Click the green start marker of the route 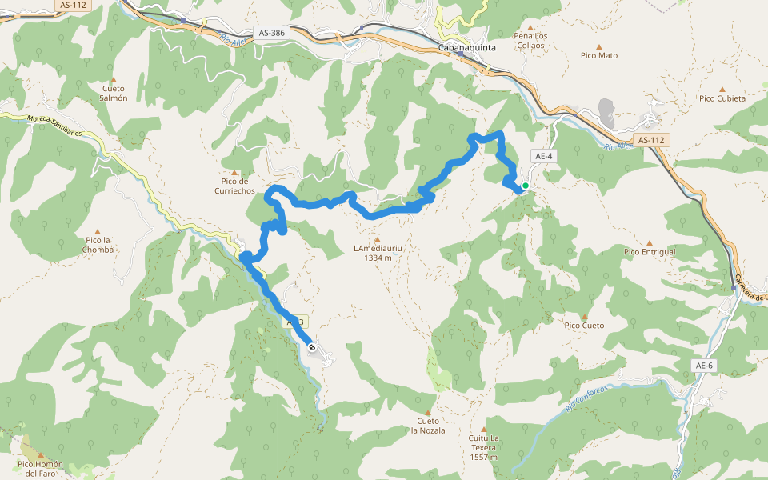(x=526, y=186)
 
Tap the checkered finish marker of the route (x=311, y=347)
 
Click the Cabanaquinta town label (x=468, y=48)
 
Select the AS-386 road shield (x=272, y=33)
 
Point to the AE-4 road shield (x=543, y=156)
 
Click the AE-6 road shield (x=703, y=366)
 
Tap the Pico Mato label (x=599, y=56)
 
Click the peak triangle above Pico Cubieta (x=722, y=90)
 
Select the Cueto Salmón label (x=114, y=93)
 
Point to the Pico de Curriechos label (x=234, y=186)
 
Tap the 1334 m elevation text (x=378, y=258)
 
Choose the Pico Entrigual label (x=650, y=252)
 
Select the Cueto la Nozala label (x=428, y=425)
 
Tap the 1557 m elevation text (x=484, y=458)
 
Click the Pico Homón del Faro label (x=40, y=468)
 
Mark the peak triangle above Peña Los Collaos (x=530, y=27)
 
